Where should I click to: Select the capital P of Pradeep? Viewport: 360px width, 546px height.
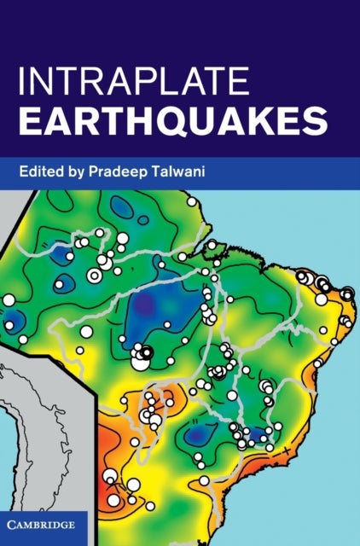point(107,171)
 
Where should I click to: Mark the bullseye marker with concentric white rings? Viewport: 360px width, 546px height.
point(94,275)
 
